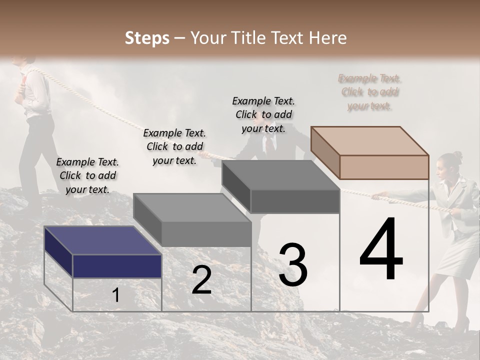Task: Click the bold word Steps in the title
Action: tap(147, 38)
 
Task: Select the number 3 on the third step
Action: tap(292, 265)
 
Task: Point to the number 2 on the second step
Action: tap(201, 280)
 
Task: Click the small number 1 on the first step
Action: tap(115, 295)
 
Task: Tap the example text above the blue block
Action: tap(87, 175)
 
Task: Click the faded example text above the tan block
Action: tap(370, 92)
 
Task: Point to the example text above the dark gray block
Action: tap(263, 114)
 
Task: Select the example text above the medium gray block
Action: tap(174, 146)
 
